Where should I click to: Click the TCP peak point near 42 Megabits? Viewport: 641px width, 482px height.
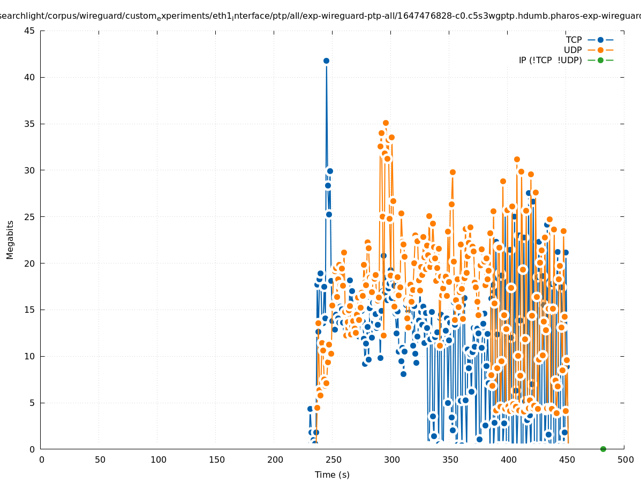pyautogui.click(x=326, y=61)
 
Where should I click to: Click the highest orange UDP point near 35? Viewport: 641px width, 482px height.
pyautogui.click(x=386, y=123)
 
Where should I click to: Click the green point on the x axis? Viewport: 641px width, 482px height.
pyautogui.click(x=603, y=449)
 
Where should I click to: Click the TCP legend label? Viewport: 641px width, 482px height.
pyautogui.click(x=574, y=40)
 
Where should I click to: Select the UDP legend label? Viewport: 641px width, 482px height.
pyautogui.click(x=572, y=50)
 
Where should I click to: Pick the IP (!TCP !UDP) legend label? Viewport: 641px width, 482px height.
pyautogui.click(x=550, y=60)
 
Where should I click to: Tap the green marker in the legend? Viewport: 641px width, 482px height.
pyautogui.click(x=600, y=60)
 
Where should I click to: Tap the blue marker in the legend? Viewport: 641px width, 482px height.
pyautogui.click(x=600, y=40)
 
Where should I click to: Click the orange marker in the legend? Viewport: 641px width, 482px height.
pyautogui.click(x=600, y=50)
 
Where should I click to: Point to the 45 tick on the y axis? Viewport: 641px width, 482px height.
pyautogui.click(x=30, y=31)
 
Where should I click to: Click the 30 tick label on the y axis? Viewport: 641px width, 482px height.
pyautogui.click(x=30, y=170)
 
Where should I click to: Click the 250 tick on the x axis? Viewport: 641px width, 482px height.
pyautogui.click(x=333, y=460)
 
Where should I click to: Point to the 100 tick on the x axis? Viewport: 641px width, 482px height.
pyautogui.click(x=158, y=460)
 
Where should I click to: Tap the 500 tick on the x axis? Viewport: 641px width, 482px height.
pyautogui.click(x=625, y=460)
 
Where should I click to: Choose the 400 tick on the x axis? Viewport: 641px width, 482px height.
pyautogui.click(x=508, y=460)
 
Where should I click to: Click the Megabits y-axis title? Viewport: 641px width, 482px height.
pyautogui.click(x=10, y=239)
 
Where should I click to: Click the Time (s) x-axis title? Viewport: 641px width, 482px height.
pyautogui.click(x=332, y=475)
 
